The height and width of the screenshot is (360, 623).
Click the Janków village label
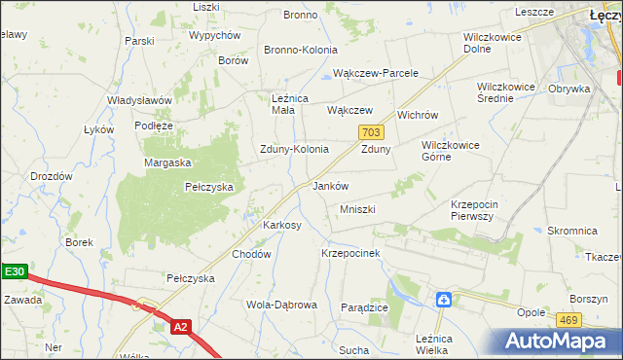(329, 185)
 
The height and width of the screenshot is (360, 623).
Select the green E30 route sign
(13, 273)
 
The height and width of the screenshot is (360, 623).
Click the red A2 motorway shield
(179, 328)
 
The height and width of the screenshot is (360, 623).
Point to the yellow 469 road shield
(569, 318)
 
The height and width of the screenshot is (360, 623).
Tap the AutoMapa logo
(556, 340)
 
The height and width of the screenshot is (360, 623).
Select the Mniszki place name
(357, 209)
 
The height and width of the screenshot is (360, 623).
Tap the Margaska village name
(167, 162)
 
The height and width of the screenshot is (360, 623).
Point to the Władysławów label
(139, 100)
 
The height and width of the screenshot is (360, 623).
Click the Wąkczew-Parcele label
(375, 73)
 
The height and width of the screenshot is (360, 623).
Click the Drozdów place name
(52, 176)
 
